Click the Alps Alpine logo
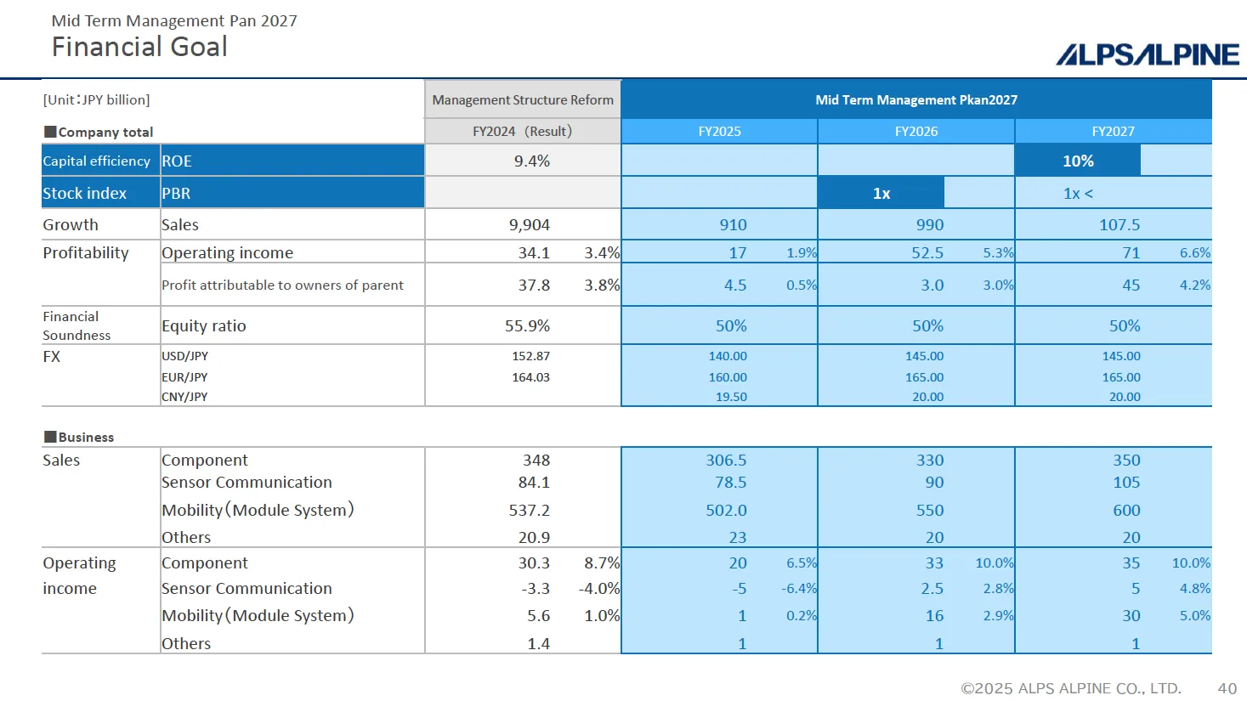[x=1147, y=54]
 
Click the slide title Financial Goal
[x=139, y=47]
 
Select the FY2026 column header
[x=915, y=132]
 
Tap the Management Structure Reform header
[x=523, y=100]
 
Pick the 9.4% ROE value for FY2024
[x=531, y=161]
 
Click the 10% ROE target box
[x=1077, y=161]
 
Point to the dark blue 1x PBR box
[x=881, y=194]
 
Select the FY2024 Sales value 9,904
[x=529, y=225]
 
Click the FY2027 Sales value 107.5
[x=1119, y=225]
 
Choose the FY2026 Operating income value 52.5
[x=927, y=253]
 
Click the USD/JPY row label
[x=184, y=356]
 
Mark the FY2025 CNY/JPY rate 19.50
[x=731, y=397]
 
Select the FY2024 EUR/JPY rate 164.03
[x=530, y=377]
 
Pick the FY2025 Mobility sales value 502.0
[x=726, y=511]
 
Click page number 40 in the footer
[x=1227, y=688]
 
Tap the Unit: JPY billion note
[x=96, y=100]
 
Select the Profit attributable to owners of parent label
[x=282, y=285]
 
